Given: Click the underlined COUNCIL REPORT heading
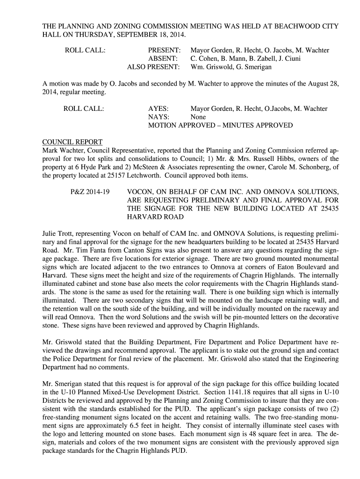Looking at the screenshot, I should (72, 142).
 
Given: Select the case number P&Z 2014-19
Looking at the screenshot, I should (91, 192).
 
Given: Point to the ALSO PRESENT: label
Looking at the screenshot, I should (153, 67).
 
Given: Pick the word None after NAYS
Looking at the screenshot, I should (198, 117).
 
